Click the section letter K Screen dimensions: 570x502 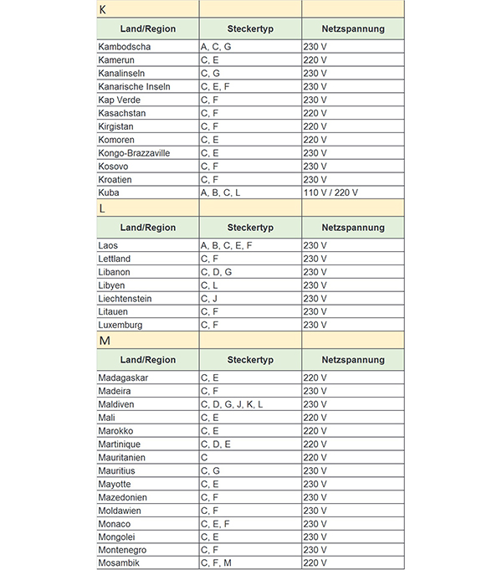tap(102, 10)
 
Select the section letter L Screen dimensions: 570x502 tap(102, 208)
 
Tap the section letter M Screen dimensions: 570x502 tap(104, 341)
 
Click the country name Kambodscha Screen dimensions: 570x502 tap(125, 47)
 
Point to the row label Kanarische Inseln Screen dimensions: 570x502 tap(134, 86)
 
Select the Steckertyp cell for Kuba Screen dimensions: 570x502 tap(220, 193)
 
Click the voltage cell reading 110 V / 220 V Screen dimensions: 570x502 tap(330, 193)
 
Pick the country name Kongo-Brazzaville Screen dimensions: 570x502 tap(134, 153)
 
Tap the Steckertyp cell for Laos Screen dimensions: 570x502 tap(226, 245)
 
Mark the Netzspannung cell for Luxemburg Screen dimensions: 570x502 tap(315, 325)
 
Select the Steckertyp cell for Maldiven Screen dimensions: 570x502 tap(232, 404)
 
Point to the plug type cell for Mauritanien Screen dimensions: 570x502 tap(204, 457)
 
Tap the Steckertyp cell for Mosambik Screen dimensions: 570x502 tap(216, 563)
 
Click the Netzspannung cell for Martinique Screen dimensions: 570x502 tap(315, 444)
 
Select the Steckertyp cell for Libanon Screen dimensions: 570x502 tap(216, 272)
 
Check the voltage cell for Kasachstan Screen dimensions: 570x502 tap(315, 113)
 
